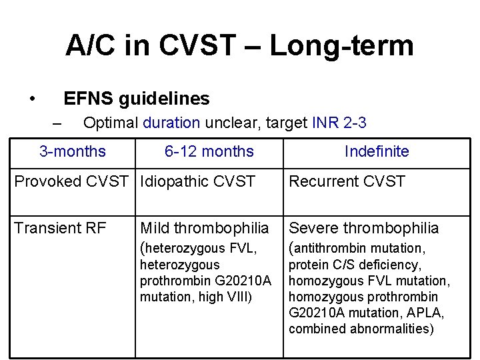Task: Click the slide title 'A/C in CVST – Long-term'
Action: [239, 45]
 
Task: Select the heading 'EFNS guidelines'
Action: [136, 99]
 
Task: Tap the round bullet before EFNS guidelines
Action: [32, 99]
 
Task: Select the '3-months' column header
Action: [72, 151]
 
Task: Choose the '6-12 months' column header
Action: [209, 151]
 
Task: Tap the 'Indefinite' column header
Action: [377, 151]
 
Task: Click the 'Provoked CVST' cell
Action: [73, 182]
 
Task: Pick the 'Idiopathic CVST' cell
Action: [198, 182]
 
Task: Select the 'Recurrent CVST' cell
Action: [347, 182]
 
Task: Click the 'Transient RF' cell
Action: [60, 228]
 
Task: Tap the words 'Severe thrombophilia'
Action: [363, 228]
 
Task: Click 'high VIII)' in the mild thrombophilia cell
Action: [225, 297]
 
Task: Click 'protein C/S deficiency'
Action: [354, 265]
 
